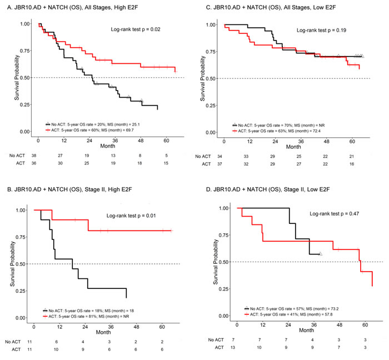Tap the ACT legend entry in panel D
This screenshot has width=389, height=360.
point(292,313)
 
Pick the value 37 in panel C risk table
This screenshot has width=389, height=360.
point(225,164)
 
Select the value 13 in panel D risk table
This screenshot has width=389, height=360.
point(237,347)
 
